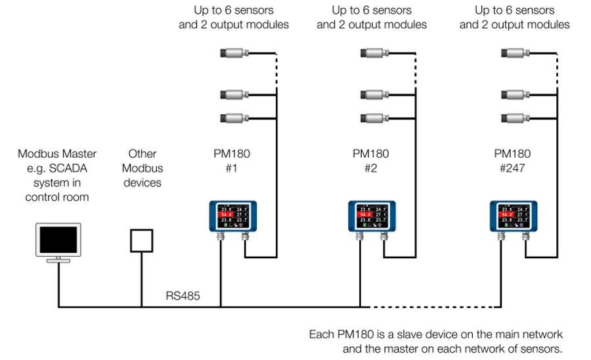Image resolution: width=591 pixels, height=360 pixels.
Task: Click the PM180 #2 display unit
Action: [x=372, y=217]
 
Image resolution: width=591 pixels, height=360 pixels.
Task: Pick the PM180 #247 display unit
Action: [x=513, y=217]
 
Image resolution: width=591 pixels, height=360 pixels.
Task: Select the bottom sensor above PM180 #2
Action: [x=374, y=119]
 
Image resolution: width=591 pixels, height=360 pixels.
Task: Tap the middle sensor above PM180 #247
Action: [x=515, y=95]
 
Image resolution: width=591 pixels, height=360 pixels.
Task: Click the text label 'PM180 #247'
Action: [x=513, y=160]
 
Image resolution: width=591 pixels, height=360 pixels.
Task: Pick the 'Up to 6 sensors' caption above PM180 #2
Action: [x=372, y=11]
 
